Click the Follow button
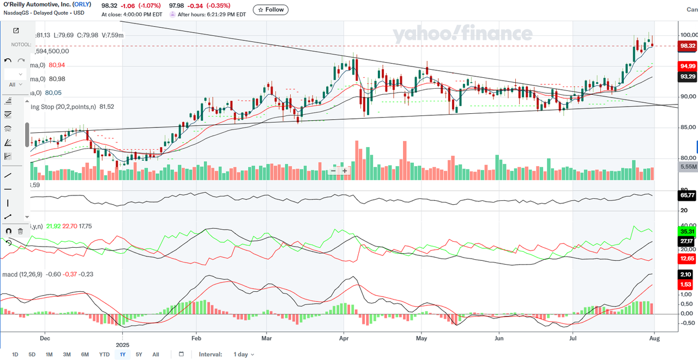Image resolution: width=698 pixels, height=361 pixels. coord(271,10)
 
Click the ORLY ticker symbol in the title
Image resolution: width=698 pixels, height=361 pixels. coord(82,4)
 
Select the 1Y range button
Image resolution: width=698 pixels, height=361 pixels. coord(123,354)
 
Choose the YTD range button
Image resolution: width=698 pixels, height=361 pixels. coord(104,354)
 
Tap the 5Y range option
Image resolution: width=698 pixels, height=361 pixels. coord(139,354)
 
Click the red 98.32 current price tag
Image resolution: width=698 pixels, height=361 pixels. coord(687,46)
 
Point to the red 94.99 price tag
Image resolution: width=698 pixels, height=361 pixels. coord(687,66)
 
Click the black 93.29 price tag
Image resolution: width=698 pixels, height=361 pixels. coord(687,77)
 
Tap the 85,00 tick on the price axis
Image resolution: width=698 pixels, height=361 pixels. coord(687,127)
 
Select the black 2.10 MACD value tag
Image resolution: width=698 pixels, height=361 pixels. coord(686,275)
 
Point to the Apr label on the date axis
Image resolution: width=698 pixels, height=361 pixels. coord(344,338)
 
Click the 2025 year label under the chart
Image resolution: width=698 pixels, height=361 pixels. coord(123,345)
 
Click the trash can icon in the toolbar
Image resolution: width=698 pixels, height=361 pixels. coord(21,231)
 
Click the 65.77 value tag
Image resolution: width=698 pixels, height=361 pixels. coord(687,194)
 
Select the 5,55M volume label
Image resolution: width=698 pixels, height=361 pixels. coord(688,167)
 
